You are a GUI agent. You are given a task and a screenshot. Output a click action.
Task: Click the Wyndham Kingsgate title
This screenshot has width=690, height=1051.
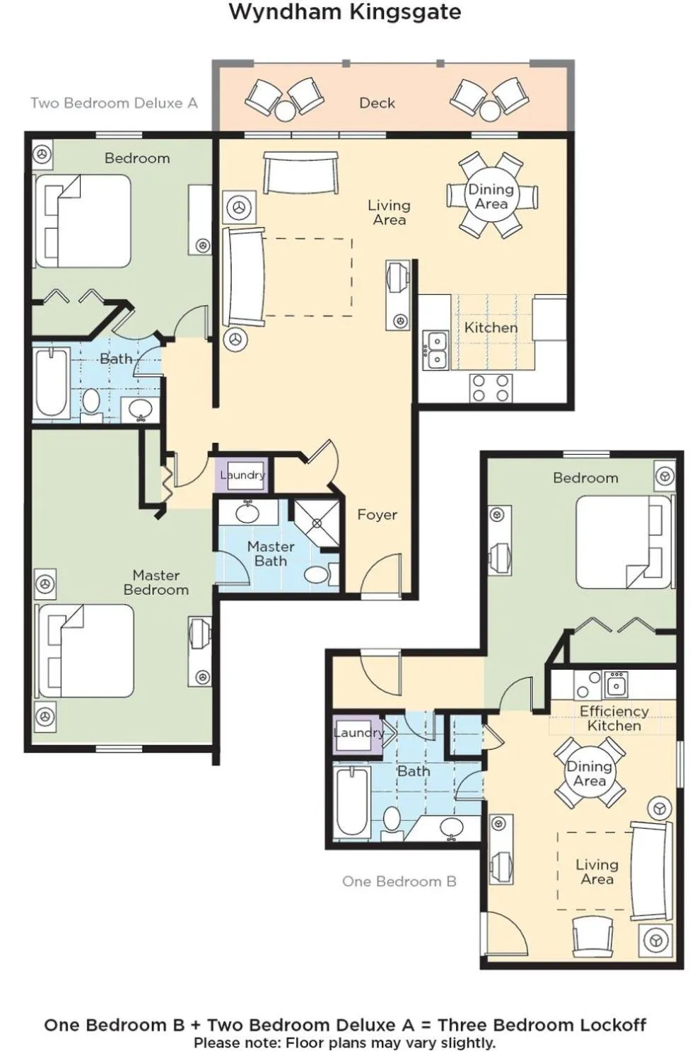(345, 12)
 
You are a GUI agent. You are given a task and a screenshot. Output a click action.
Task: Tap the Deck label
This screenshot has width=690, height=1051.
(377, 103)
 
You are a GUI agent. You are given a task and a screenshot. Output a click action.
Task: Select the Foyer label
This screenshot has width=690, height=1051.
(377, 515)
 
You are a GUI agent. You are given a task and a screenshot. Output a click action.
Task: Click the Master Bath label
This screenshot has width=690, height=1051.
(271, 554)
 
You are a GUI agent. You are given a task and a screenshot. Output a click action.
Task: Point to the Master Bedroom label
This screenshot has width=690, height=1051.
(156, 582)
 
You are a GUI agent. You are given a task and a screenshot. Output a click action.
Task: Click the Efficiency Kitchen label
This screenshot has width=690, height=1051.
(614, 719)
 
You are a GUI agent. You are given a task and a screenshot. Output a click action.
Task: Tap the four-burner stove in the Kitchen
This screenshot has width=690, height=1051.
(491, 388)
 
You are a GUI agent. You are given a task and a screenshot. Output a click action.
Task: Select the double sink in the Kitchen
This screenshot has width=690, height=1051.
(435, 350)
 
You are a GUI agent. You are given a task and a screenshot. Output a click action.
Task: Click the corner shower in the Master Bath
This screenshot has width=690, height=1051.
(317, 522)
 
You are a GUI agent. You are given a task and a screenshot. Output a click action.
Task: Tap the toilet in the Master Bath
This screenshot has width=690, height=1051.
(321, 574)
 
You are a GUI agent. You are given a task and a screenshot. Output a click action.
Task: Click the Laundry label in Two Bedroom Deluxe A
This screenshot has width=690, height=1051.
(243, 475)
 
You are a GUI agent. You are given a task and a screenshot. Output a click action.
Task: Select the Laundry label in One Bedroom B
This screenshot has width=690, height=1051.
(359, 733)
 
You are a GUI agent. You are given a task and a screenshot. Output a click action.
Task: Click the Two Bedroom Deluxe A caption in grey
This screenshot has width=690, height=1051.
(114, 103)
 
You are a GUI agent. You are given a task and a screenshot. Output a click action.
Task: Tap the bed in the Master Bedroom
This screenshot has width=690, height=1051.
(86, 651)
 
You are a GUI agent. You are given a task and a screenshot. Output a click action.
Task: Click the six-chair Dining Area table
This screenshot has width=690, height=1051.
(491, 196)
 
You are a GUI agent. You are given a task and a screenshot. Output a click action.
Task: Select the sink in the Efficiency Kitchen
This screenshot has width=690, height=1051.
(616, 685)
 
